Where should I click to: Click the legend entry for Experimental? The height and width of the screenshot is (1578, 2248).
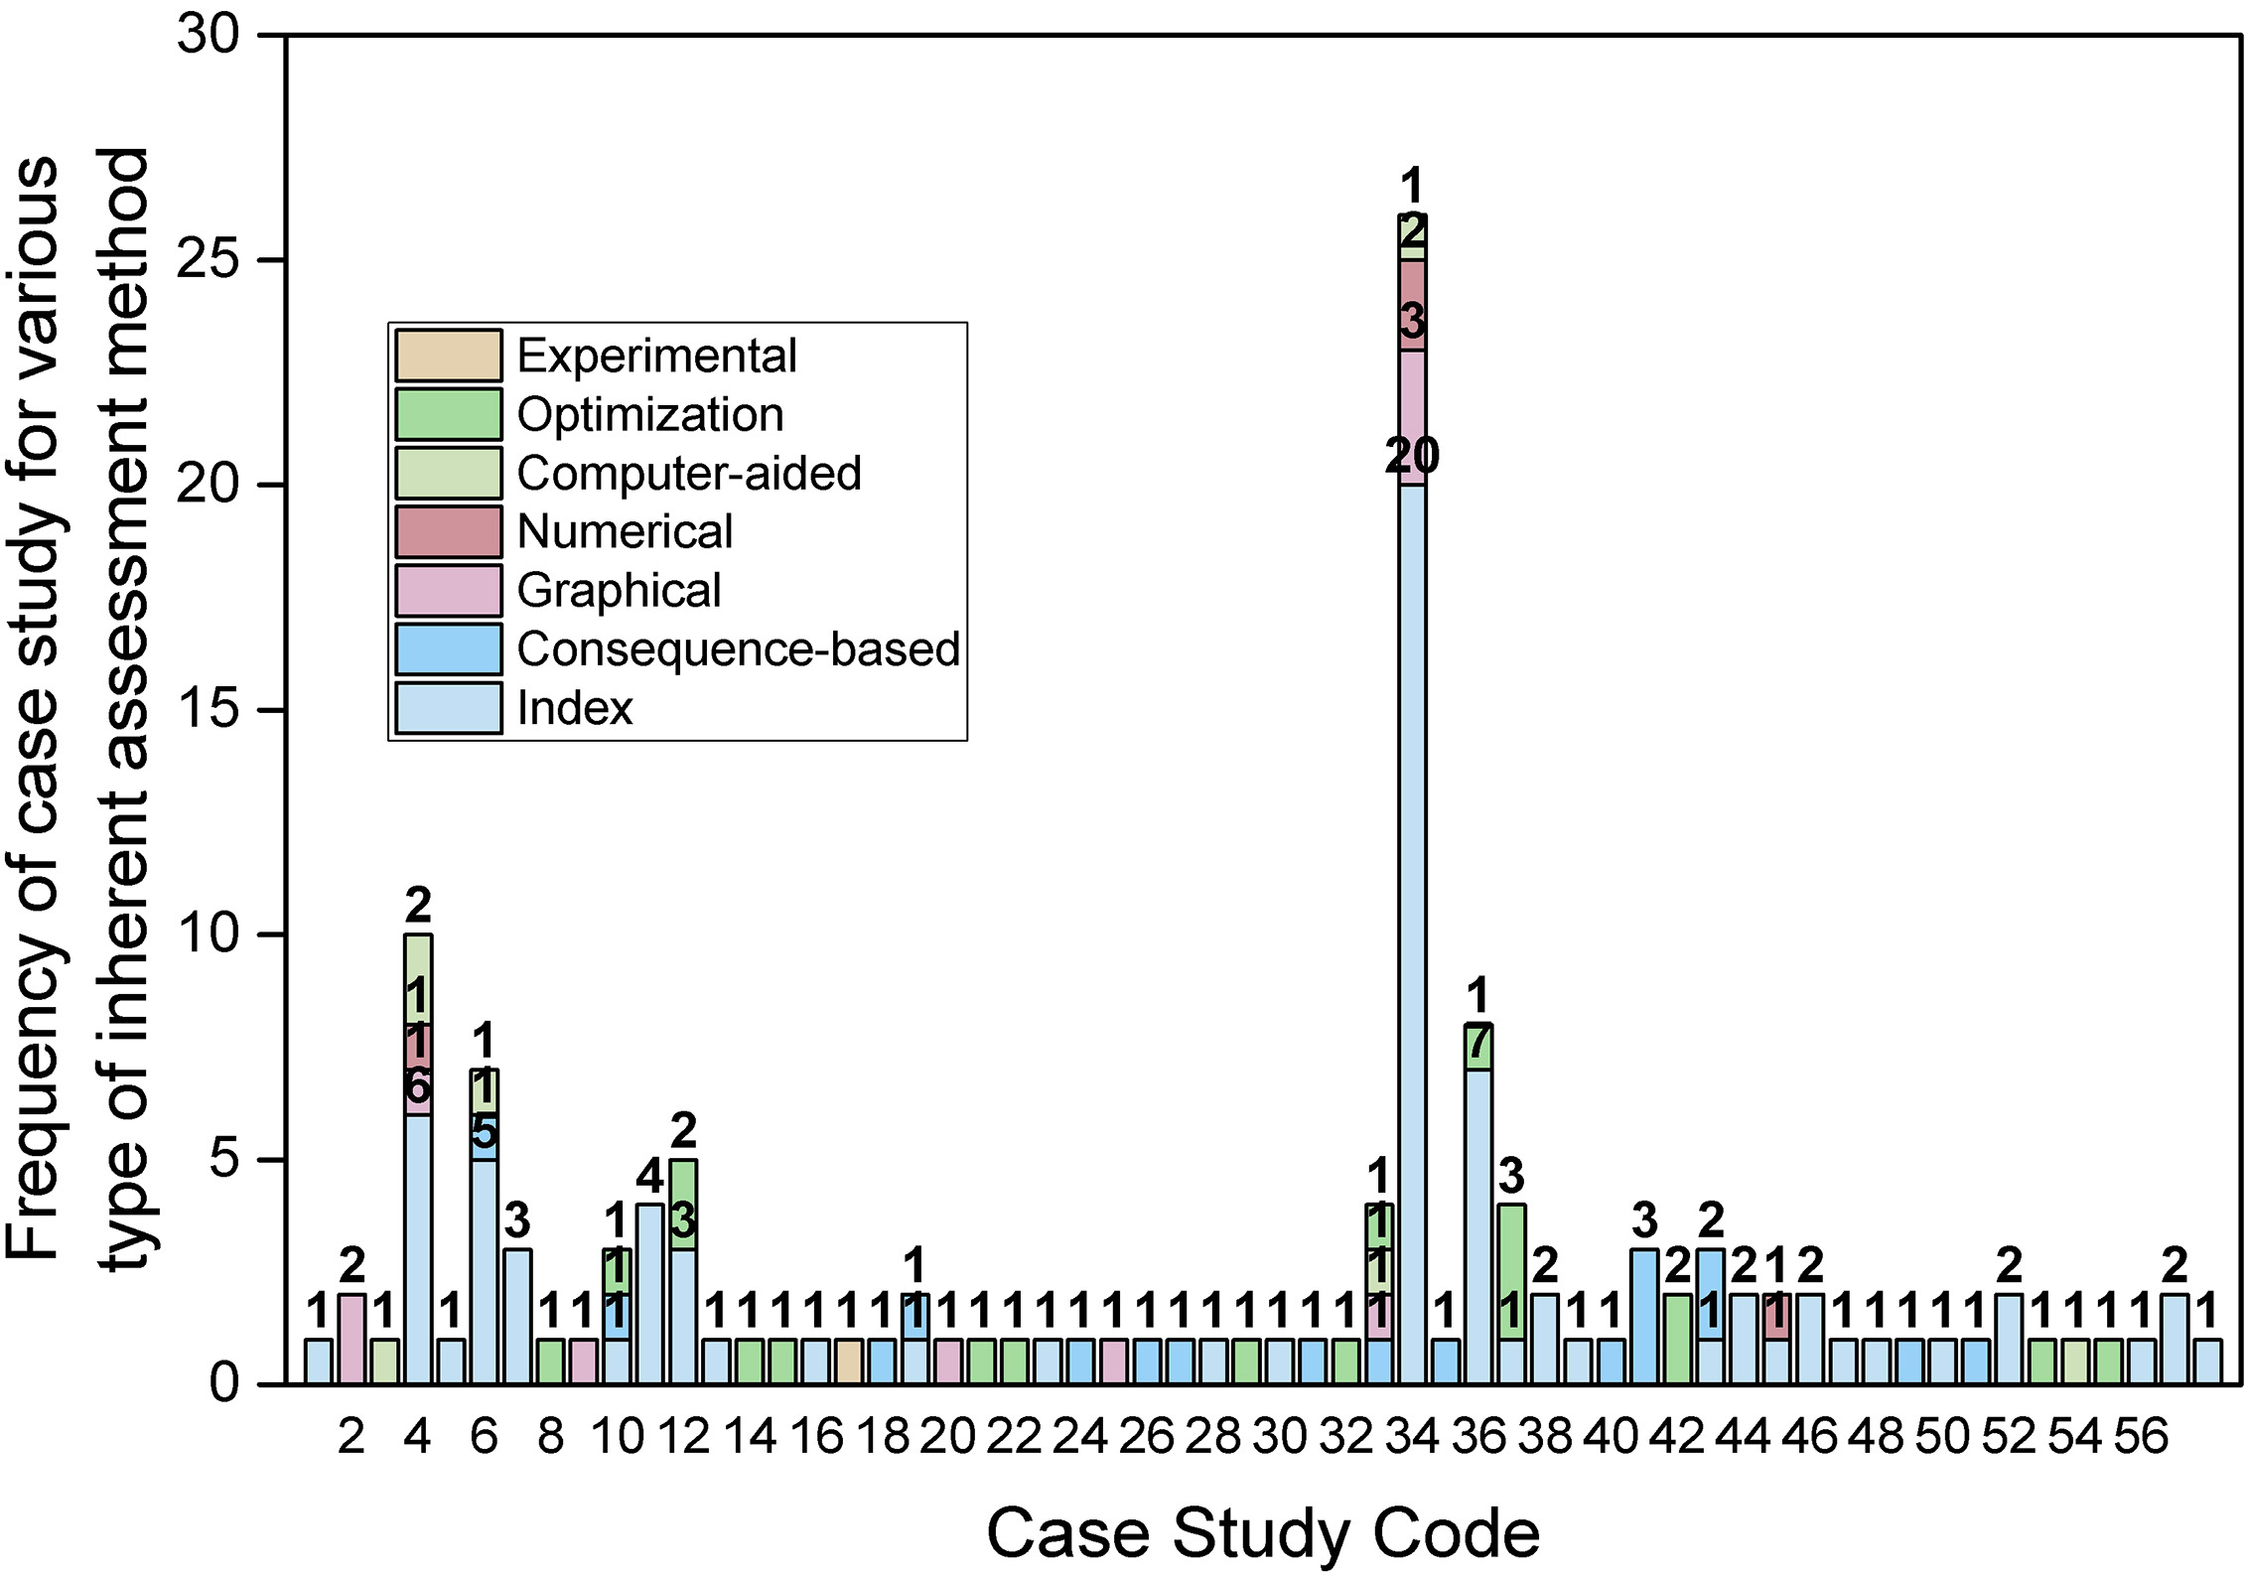tap(656, 357)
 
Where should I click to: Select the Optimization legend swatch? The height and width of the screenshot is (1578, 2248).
tap(449, 414)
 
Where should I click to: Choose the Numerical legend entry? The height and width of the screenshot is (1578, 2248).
tap(625, 532)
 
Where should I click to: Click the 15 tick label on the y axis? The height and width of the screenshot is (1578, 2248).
tap(209, 710)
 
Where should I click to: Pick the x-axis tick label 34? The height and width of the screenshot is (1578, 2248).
tap(1412, 1436)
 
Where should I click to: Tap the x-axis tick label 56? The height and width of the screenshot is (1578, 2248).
tap(2141, 1436)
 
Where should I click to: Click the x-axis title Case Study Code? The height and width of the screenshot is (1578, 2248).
tap(1262, 1533)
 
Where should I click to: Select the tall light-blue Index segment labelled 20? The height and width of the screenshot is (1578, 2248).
tap(1412, 933)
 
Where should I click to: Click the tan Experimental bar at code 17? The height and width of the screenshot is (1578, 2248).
tap(849, 1362)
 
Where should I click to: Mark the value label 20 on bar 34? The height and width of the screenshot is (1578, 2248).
tap(1412, 457)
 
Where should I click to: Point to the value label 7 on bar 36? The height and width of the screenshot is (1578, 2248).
tap(1478, 1043)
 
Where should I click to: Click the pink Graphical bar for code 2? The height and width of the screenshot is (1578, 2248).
tap(351, 1339)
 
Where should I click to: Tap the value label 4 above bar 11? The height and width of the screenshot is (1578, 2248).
tap(649, 1178)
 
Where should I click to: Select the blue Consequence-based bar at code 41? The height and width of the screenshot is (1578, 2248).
tap(1644, 1316)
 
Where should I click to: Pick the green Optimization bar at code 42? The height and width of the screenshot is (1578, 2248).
tap(1677, 1339)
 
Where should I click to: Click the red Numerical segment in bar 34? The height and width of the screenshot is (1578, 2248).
tap(1412, 305)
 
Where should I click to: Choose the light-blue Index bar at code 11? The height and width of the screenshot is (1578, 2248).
tap(649, 1294)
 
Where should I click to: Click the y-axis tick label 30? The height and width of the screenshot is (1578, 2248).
tap(209, 36)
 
